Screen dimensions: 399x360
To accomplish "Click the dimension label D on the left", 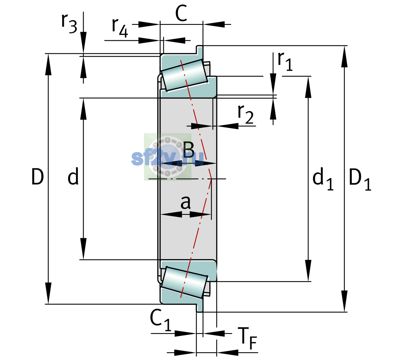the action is point(37,177).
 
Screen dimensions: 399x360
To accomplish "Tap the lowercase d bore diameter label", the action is point(73,176).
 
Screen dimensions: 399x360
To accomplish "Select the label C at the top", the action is point(181,13).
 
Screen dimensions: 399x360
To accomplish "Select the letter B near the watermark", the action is point(188,149).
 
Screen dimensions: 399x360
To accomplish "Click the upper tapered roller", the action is point(184,75).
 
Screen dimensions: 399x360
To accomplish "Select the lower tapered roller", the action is point(184,283).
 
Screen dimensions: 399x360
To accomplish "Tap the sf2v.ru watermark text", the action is point(167,158).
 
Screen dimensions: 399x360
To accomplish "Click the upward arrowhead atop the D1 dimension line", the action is point(344,56).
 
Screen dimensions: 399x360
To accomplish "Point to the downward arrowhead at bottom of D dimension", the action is point(48,293).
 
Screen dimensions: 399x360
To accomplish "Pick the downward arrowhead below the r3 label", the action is point(83,42).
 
